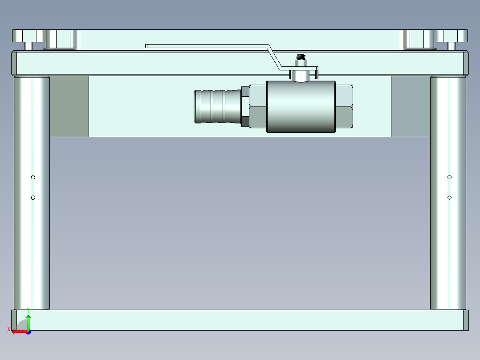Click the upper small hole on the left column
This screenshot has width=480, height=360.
pos(33,177)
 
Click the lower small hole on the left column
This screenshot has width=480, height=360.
pos(33,197)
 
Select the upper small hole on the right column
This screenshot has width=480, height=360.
pos(450,177)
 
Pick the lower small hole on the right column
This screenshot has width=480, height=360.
pos(450,197)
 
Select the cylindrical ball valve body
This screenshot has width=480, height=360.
pos(301,106)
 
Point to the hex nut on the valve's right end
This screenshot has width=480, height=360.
pos(344,106)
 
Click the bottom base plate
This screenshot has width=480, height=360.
pos(240,320)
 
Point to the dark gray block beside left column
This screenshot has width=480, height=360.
pos(69,106)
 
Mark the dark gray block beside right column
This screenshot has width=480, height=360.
pos(411,106)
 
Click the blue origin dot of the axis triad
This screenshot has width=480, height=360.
pos(28,332)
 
